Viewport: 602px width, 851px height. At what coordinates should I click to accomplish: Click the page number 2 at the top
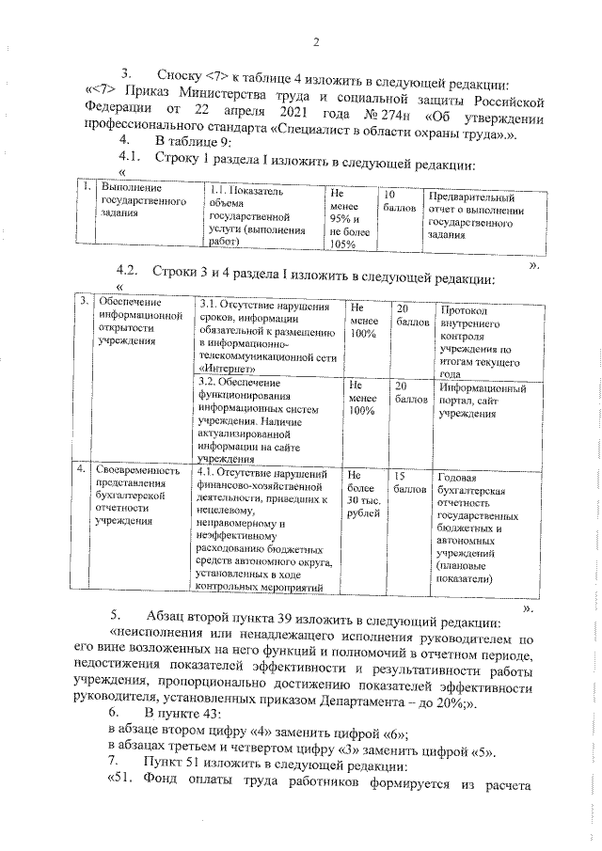tap(316, 41)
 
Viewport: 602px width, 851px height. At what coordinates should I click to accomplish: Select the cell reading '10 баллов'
tap(394, 201)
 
